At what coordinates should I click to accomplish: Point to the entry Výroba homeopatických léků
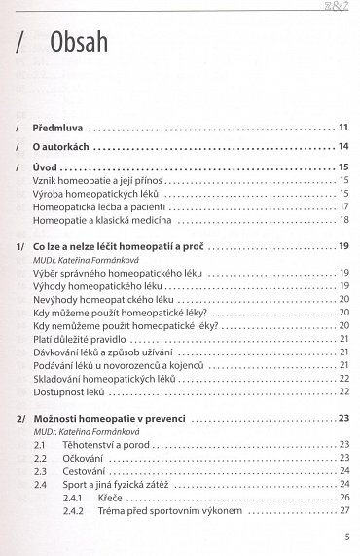coord(96,194)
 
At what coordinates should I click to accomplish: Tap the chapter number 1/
coord(21,248)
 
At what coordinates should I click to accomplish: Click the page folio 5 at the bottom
coord(345,537)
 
